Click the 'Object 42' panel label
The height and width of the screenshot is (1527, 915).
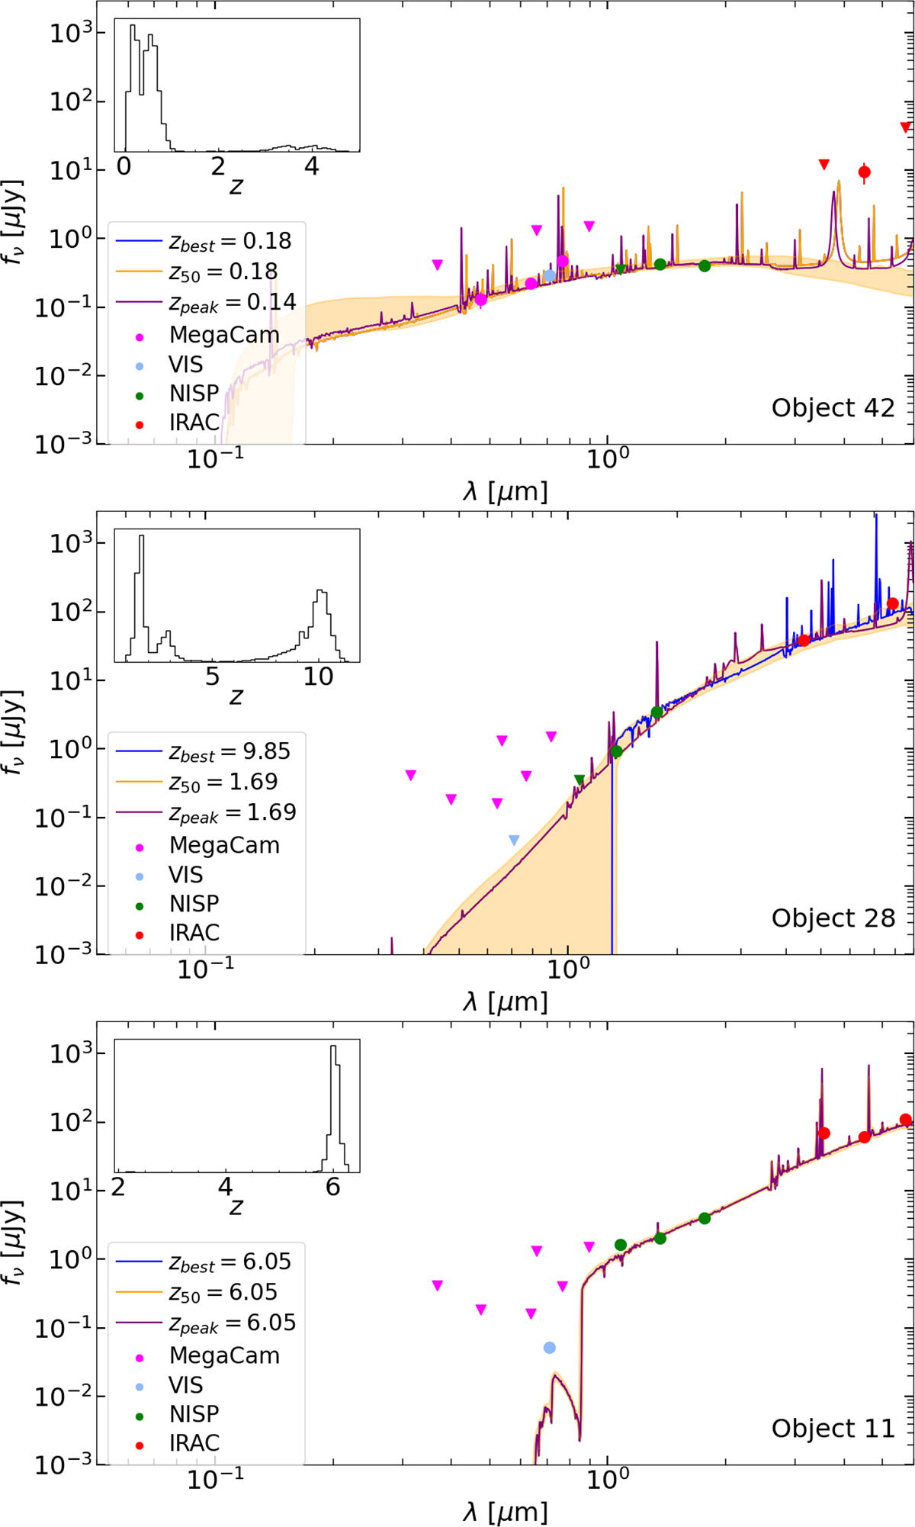833,408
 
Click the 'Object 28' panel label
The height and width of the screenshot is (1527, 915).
833,918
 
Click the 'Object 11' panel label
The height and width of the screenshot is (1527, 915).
833,1429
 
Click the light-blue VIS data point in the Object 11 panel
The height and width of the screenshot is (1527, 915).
550,1348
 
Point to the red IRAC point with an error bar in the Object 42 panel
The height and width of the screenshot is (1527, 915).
864,172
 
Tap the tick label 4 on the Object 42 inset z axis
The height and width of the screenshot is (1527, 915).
311,167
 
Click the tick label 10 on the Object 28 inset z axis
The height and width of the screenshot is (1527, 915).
318,677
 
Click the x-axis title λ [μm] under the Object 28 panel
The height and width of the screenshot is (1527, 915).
505,1002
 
